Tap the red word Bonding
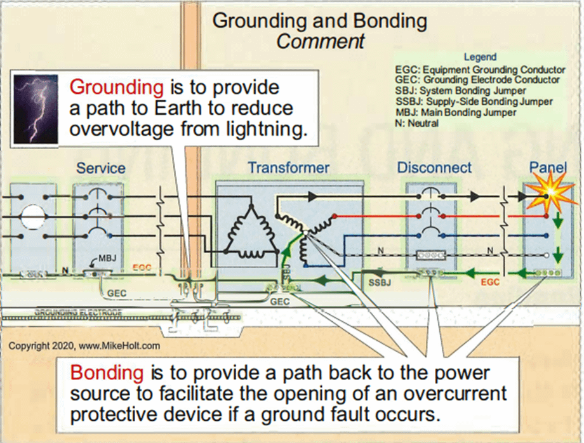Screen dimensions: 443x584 [102, 372]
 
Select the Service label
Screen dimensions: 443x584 [100, 168]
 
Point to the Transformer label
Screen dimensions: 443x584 [288, 168]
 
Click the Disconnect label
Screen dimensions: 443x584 [434, 168]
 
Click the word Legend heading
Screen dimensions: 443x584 [481, 58]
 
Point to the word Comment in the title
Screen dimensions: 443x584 [321, 42]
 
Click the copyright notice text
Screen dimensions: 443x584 [84, 346]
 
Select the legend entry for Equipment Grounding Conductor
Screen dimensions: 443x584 [480, 69]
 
